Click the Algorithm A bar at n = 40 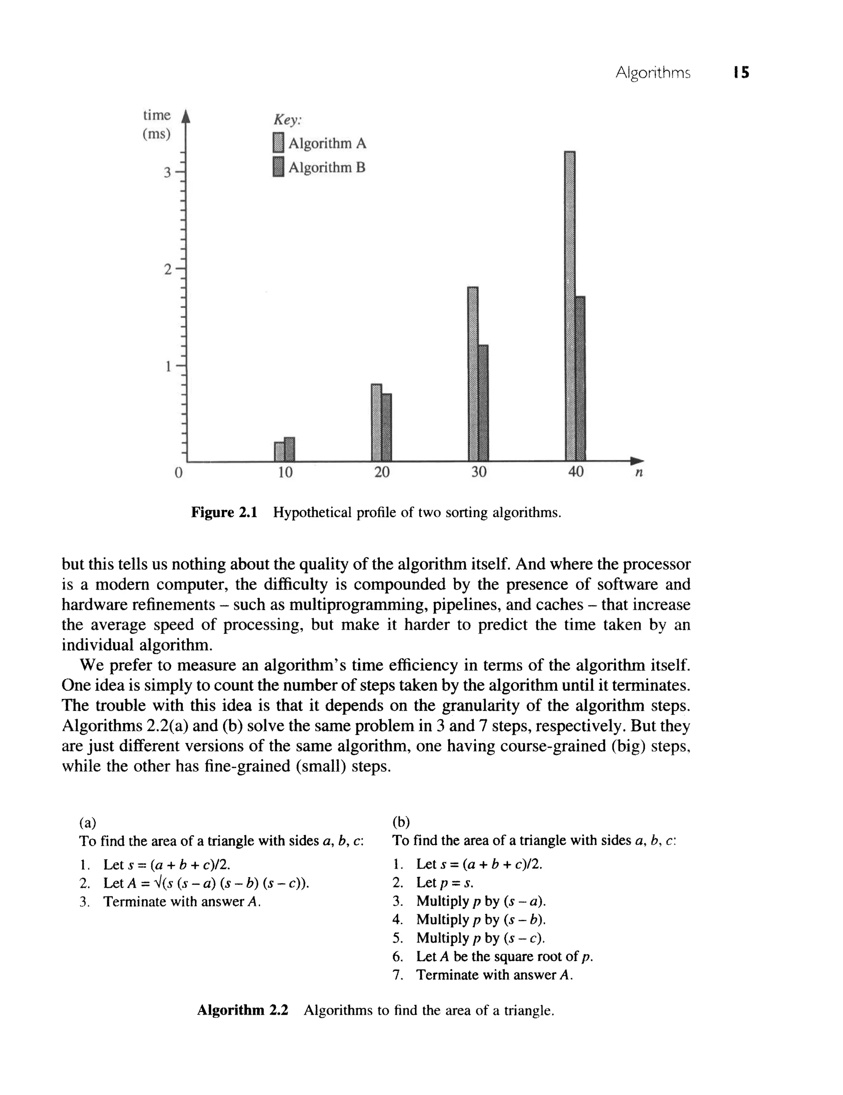click(569, 306)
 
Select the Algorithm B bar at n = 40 click(580, 378)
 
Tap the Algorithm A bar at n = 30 click(473, 374)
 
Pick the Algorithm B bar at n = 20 click(387, 427)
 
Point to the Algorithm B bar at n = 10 click(289, 449)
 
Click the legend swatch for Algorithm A click(278, 142)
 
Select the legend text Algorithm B click(327, 167)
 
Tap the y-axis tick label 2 click(168, 270)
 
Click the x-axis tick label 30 click(479, 472)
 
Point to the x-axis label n click(638, 472)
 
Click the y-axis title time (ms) click(157, 124)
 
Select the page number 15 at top click(741, 73)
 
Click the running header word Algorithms click(652, 73)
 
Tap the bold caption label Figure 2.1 click(224, 512)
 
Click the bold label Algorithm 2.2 click(242, 1010)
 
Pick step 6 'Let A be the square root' click(504, 956)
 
